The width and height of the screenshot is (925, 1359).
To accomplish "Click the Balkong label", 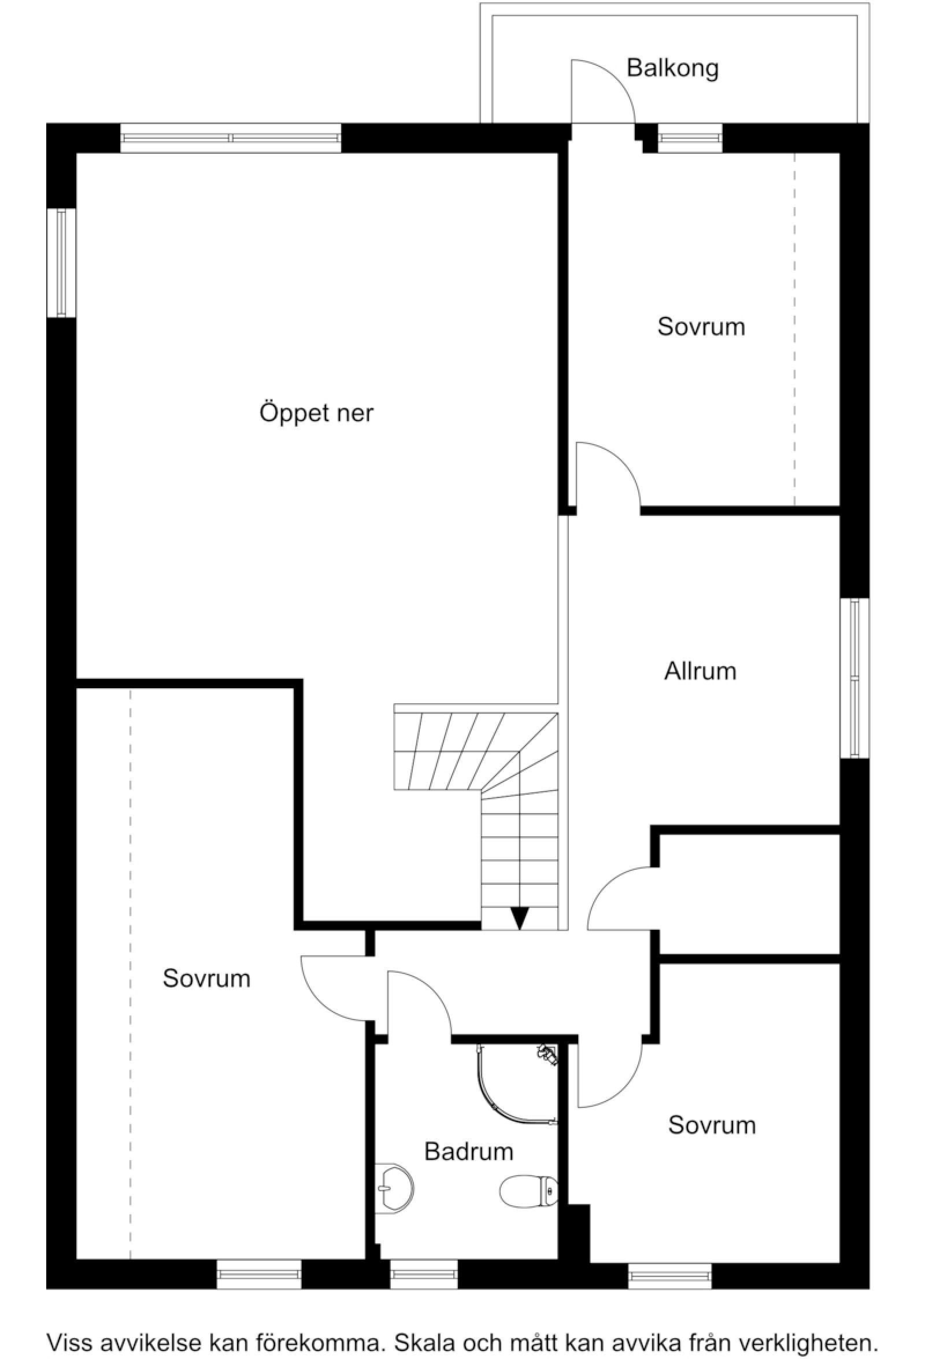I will [672, 68].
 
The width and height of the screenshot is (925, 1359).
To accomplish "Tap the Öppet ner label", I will [316, 413].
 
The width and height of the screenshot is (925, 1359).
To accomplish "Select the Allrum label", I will [700, 671].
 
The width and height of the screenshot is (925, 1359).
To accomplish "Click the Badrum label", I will [468, 1151].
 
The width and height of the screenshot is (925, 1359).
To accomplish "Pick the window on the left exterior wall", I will [61, 263].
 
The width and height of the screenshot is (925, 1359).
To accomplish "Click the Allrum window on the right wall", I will [854, 678].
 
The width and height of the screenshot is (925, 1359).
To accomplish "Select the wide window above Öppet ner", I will [230, 138].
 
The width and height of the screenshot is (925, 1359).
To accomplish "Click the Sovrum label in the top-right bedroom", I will [701, 327].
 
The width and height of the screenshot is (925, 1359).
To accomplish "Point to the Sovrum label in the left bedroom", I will [206, 979].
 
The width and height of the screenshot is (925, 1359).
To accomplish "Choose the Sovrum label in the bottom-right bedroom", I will [712, 1125].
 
